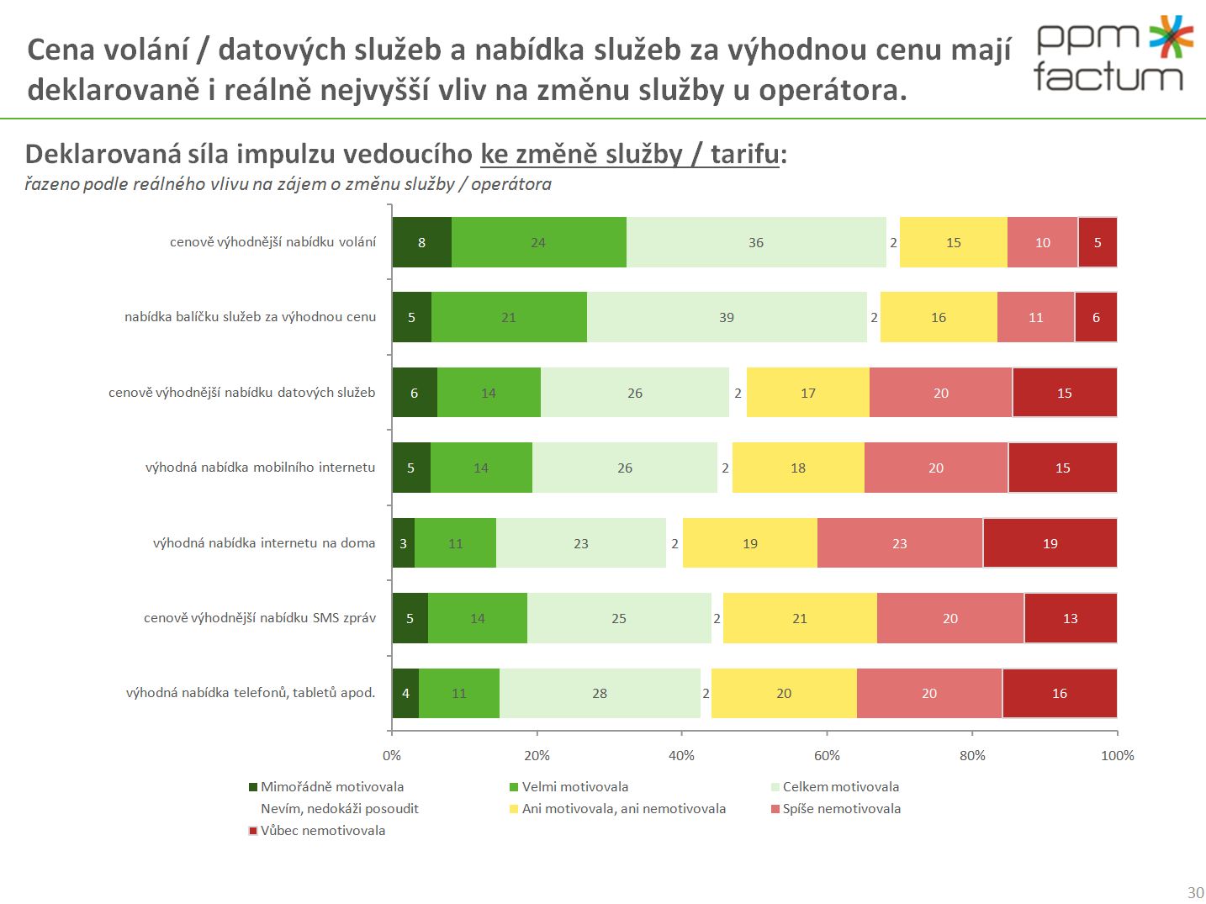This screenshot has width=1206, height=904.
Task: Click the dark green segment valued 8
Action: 421,242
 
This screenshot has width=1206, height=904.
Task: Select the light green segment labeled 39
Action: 727,317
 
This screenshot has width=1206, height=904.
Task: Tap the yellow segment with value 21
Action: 799,618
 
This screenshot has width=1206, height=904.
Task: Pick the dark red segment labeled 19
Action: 1050,543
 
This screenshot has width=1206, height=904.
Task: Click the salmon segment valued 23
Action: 899,543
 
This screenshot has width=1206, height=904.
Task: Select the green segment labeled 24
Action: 538,242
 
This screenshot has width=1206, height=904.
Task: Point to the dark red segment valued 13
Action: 1070,618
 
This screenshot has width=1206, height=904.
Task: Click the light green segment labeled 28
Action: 599,693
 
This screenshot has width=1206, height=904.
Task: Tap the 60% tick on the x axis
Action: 827,755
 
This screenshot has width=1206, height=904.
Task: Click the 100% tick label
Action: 1117,755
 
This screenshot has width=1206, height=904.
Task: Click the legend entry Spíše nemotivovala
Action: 841,809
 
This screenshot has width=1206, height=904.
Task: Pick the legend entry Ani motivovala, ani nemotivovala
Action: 623,809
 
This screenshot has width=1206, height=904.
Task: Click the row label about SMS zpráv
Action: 259,618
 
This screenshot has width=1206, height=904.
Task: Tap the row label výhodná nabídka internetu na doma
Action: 263,543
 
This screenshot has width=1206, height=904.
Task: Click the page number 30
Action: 1195,892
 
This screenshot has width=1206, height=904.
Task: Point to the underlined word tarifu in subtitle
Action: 744,154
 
